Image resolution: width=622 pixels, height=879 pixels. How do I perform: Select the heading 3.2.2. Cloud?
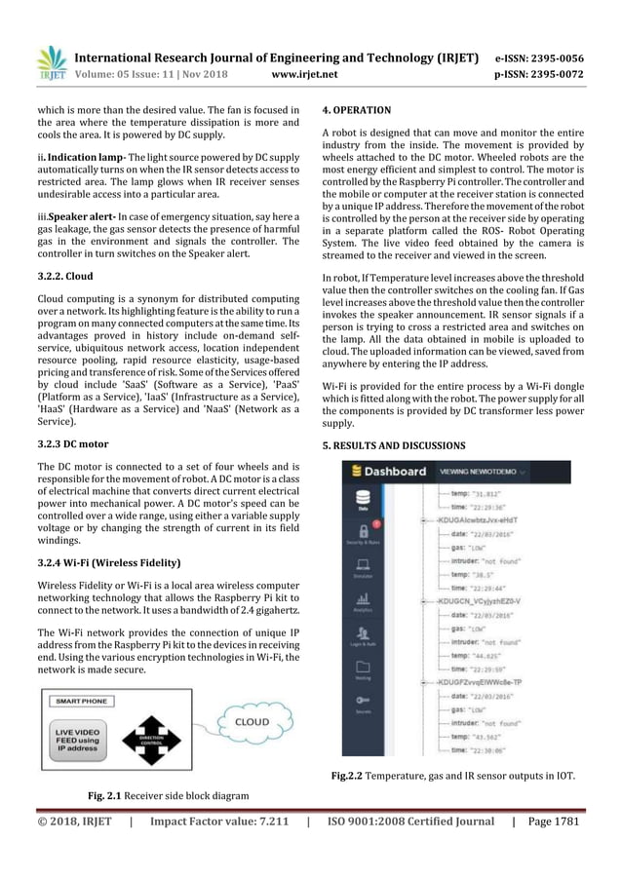coord(64,276)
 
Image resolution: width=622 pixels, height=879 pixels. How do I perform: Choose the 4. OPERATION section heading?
coord(357,110)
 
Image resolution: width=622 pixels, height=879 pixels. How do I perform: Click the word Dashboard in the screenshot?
coord(396,471)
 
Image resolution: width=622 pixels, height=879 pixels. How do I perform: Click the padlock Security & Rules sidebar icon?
coord(363,532)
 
